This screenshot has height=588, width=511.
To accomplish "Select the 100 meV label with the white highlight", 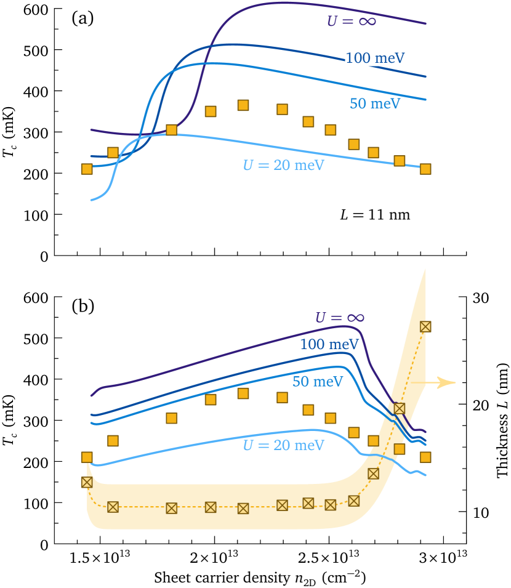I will (374, 58).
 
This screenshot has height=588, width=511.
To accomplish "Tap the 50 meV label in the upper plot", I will (375, 104).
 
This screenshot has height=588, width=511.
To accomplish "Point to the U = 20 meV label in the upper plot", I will (283, 166).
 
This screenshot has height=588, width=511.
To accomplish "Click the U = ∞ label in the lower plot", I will (339, 318).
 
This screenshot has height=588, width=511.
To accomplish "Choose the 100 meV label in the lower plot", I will (329, 345).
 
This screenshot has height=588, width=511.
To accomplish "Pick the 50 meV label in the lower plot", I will (317, 382).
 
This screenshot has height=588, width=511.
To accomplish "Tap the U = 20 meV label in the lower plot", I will (283, 445).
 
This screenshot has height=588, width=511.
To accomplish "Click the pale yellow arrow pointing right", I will (433, 382).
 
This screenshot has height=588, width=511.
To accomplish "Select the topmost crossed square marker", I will (425, 326).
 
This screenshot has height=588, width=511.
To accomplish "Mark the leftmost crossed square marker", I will (87, 482).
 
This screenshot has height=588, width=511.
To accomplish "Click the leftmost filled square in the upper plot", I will (87, 169).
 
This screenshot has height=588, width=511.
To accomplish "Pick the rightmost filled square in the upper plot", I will (425, 169).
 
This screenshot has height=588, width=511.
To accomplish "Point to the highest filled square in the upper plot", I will (243, 105).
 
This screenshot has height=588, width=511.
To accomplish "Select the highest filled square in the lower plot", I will (243, 393).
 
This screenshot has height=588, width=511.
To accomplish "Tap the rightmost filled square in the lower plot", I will (425, 457).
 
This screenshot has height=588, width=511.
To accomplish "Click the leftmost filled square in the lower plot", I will (87, 457).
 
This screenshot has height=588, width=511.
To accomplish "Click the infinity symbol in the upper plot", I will (366, 22).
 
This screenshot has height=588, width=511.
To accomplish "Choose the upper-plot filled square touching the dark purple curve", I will (172, 130).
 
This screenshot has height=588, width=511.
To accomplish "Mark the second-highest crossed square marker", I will (399, 408).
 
